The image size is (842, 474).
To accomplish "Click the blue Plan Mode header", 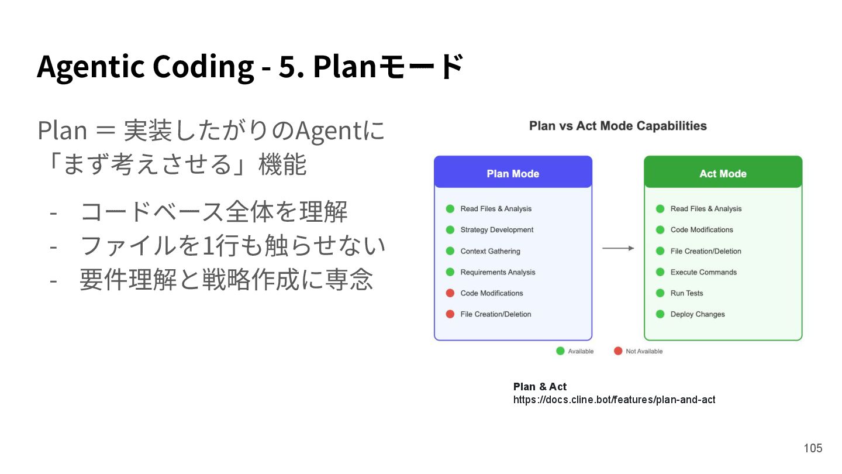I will [x=513, y=173].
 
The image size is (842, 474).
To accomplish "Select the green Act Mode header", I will [x=723, y=173].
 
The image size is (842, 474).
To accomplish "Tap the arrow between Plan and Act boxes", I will [x=618, y=248].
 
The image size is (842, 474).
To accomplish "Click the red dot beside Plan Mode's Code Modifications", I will [x=450, y=293].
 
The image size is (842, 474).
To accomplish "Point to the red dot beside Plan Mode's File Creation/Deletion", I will [x=450, y=314].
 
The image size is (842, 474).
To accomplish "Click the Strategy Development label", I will [x=496, y=230].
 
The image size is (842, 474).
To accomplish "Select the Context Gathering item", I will [x=490, y=251].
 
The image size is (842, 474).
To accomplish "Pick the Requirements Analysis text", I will [x=498, y=272].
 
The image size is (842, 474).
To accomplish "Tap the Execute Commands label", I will [x=703, y=272].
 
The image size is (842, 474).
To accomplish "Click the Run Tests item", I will [x=686, y=293].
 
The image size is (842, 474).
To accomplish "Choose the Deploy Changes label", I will [x=698, y=314].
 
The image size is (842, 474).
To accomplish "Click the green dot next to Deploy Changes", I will [x=660, y=314].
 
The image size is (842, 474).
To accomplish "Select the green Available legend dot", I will [x=560, y=351].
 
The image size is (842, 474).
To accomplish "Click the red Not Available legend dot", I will [x=618, y=351].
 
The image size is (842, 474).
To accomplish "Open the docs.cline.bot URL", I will [x=614, y=400].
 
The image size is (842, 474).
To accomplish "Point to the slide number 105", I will [x=813, y=448].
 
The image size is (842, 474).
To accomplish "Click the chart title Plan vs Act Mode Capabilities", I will [x=617, y=126].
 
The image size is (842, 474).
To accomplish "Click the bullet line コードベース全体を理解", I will [x=214, y=211].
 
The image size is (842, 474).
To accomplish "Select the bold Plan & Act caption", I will [x=540, y=387].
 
